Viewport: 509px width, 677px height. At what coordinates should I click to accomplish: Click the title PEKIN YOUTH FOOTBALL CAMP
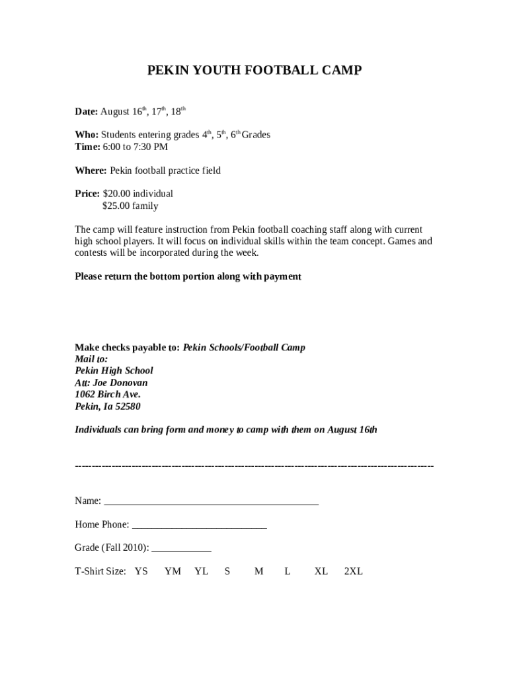[x=255, y=71]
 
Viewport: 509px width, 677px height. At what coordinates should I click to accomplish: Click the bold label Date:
[x=86, y=112]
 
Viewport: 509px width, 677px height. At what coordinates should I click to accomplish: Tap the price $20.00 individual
[x=137, y=194]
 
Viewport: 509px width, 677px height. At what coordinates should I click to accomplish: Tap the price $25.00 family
[x=130, y=206]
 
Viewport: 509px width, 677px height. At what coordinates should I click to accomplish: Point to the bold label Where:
[x=91, y=171]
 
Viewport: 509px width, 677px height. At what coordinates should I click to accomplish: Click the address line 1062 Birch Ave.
[x=107, y=395]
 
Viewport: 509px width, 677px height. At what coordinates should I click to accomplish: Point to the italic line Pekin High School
[x=114, y=371]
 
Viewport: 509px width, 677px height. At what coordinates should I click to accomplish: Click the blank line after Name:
[x=211, y=501]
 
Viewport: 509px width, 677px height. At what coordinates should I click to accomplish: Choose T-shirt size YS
[x=141, y=571]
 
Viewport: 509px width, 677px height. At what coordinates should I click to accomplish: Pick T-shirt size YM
[x=173, y=571]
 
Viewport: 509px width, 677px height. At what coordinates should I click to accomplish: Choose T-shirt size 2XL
[x=353, y=571]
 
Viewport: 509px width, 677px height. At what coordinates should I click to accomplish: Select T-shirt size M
[x=258, y=571]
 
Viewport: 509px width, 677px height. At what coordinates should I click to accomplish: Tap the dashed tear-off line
[x=255, y=466]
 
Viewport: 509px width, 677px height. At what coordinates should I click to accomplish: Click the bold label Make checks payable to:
[x=127, y=347]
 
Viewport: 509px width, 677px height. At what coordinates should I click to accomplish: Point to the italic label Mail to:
[x=91, y=359]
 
